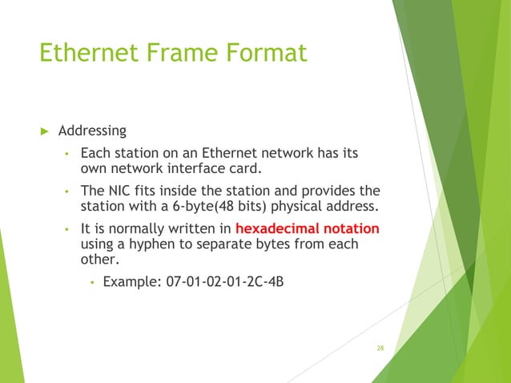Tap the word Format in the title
[x=265, y=53]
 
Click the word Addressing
[x=92, y=130]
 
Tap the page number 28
[x=380, y=348]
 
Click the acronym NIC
[x=117, y=191]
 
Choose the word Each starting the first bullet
[x=95, y=152]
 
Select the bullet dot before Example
[x=93, y=283]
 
